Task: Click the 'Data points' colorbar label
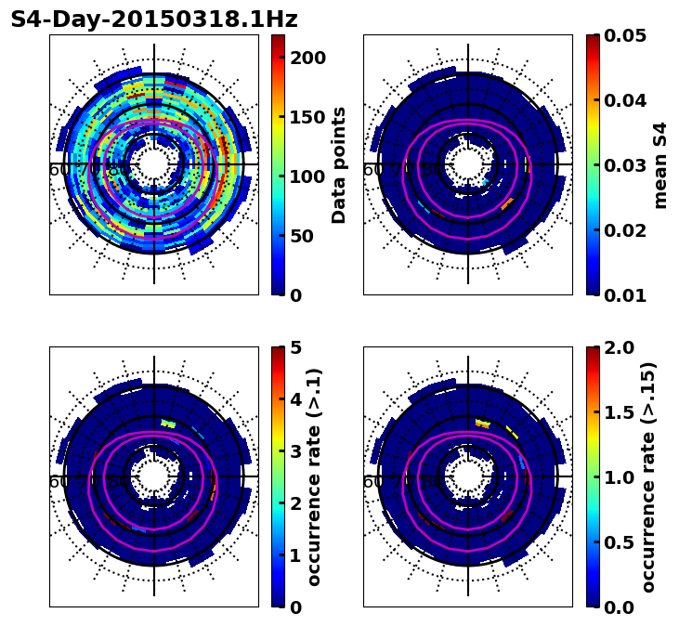(339, 164)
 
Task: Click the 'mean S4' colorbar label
(660, 164)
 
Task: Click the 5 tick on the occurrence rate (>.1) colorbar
(295, 347)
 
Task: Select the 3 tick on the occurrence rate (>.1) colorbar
(295, 451)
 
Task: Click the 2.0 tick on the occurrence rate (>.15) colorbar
(613, 347)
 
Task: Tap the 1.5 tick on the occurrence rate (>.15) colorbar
(613, 412)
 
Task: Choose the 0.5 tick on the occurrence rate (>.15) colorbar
(613, 542)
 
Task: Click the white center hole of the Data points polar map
(154, 164)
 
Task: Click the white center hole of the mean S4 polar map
(468, 164)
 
